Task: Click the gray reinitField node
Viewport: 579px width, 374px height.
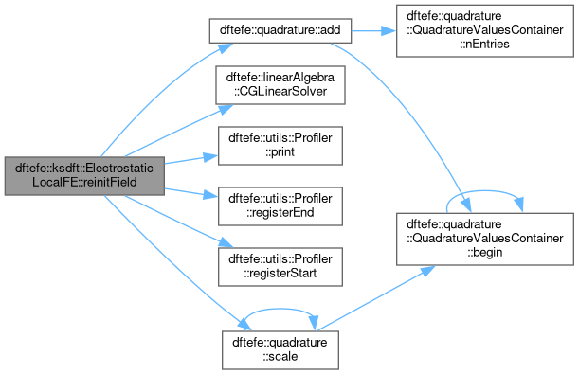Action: [84, 176]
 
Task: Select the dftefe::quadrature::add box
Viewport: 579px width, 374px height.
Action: [280, 30]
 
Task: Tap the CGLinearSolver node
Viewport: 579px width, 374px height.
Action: [280, 85]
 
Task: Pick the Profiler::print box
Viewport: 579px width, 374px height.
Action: [280, 146]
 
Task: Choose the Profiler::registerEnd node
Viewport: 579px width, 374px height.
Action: [280, 206]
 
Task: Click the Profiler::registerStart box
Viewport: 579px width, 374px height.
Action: [280, 267]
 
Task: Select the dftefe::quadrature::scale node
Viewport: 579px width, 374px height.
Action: [280, 350]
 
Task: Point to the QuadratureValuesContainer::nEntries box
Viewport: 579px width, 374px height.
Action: [485, 30]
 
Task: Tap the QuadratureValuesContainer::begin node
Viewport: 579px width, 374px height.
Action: [485, 239]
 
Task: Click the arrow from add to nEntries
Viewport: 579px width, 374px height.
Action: [373, 30]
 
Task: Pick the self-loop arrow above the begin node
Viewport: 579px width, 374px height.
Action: [485, 191]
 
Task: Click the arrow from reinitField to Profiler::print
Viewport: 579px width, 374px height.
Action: [191, 159]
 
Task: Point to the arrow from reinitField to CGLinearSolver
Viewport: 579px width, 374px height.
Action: [179, 131]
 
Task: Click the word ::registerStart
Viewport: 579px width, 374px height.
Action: [280, 274]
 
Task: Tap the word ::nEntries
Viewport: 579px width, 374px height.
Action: [484, 44]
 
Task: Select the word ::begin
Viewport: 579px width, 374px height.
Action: [485, 252]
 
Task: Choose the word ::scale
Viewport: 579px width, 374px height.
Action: [280, 357]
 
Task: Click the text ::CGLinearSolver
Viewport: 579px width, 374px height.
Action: [280, 91]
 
